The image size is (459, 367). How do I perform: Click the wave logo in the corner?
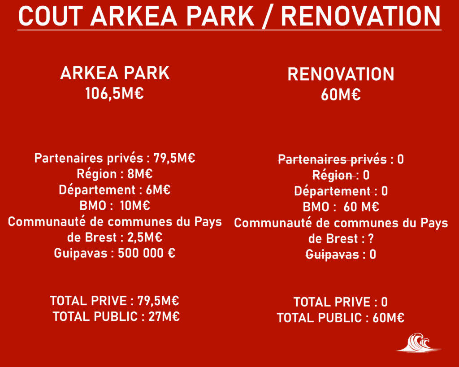tap(419, 342)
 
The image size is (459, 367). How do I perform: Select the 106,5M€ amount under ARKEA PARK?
tap(114, 94)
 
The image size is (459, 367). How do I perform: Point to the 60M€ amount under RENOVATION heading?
tap(341, 95)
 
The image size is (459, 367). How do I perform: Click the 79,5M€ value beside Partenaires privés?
tap(174, 158)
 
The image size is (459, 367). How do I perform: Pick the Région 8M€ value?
tap(140, 174)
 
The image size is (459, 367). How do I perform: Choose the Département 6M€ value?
tap(158, 190)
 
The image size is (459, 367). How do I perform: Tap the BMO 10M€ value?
tap(135, 205)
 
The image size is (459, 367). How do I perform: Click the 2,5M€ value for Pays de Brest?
tap(145, 237)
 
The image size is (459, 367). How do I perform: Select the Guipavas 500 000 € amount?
tap(147, 253)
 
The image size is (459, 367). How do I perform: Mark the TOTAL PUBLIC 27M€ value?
tap(164, 317)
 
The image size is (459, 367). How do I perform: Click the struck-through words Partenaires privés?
tap(332, 160)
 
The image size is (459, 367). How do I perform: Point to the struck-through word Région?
tap(333, 175)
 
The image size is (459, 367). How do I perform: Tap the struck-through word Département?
tap(333, 191)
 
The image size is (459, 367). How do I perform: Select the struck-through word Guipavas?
tap(333, 255)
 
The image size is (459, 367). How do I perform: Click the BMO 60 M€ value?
tap(361, 207)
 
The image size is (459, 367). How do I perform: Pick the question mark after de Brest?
tap(371, 239)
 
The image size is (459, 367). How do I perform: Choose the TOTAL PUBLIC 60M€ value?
tap(389, 318)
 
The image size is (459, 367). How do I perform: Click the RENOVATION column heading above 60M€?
tap(341, 74)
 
